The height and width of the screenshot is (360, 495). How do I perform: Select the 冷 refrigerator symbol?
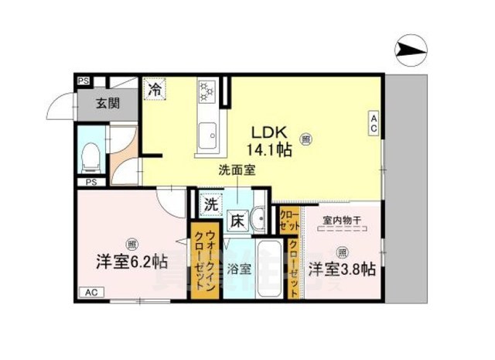(x=155, y=88)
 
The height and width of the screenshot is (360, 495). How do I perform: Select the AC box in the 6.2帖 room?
(x=90, y=292)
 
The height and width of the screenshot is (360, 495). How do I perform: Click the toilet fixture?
(x=90, y=156)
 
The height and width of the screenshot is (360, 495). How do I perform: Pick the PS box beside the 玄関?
(x=82, y=80)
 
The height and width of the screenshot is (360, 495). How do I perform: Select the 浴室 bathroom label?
(x=238, y=269)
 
